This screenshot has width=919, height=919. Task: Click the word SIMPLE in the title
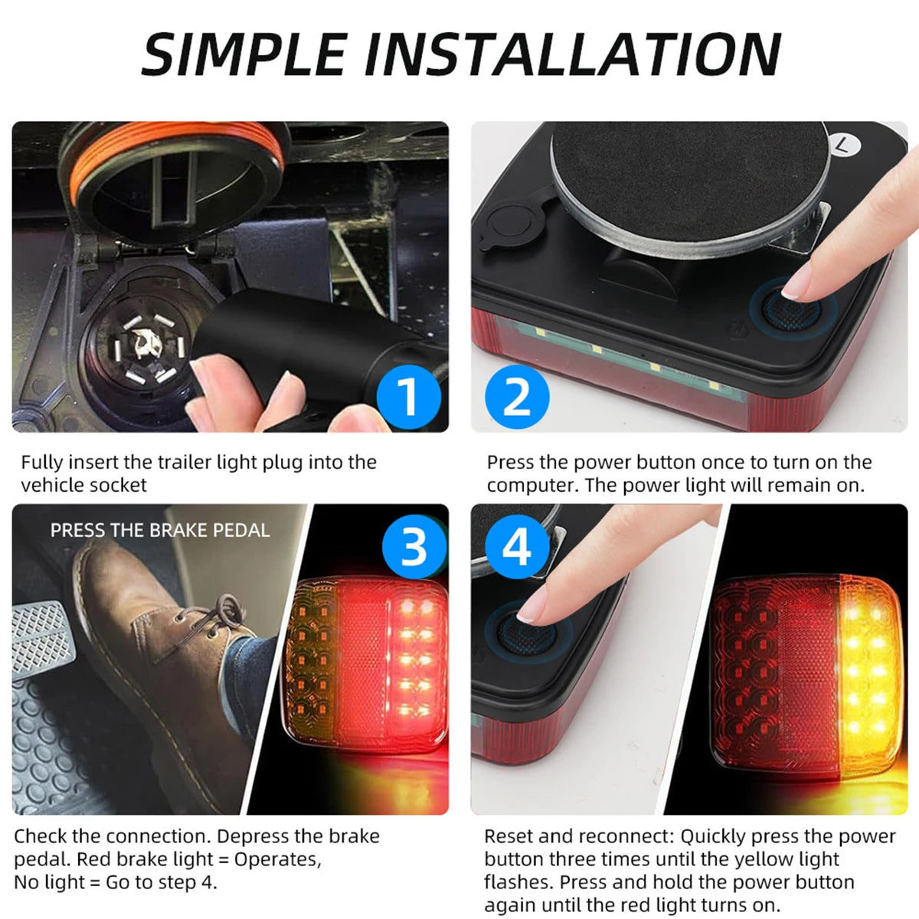pyautogui.click(x=244, y=54)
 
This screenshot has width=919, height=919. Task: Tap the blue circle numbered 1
pyautogui.click(x=409, y=397)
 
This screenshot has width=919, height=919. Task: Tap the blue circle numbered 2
pyautogui.click(x=517, y=397)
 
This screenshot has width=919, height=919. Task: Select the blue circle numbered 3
pyautogui.click(x=414, y=548)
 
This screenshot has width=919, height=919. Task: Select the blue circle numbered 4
pyautogui.click(x=517, y=548)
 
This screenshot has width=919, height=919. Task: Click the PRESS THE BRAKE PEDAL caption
pyautogui.click(x=160, y=530)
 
